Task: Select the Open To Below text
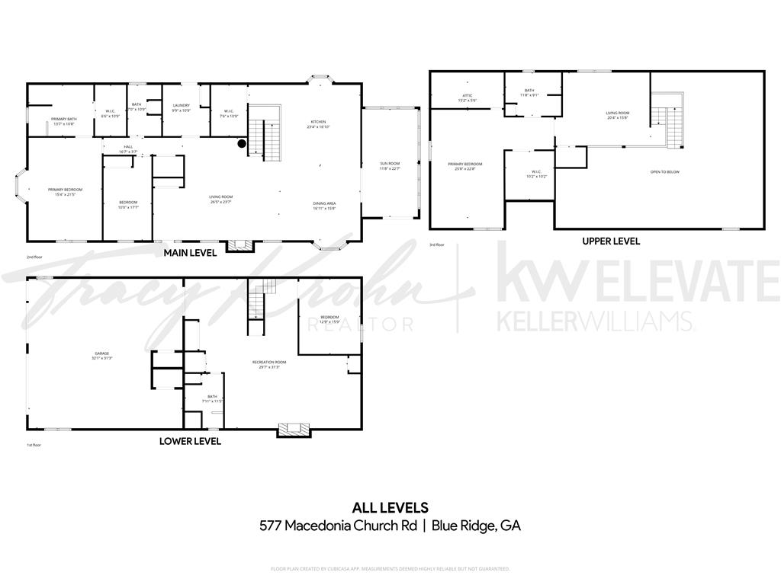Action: click(664, 172)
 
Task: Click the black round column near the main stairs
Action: click(242, 142)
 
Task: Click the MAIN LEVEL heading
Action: click(190, 252)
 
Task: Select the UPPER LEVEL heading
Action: click(611, 241)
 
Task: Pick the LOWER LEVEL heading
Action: click(190, 441)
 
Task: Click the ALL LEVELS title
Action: click(390, 507)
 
